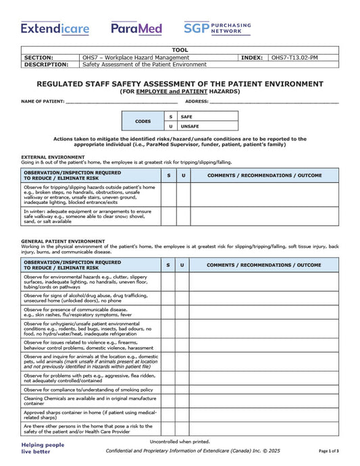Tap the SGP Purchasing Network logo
click(x=217, y=28)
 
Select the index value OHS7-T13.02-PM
click(x=294, y=58)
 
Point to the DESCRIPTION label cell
click(x=47, y=65)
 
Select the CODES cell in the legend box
click(x=143, y=122)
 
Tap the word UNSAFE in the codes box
click(x=190, y=126)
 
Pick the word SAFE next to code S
click(x=186, y=117)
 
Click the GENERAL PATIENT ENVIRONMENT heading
click(x=63, y=240)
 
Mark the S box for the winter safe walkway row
click(x=168, y=216)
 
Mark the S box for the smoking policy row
click(x=168, y=390)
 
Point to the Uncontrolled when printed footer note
click(x=180, y=442)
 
